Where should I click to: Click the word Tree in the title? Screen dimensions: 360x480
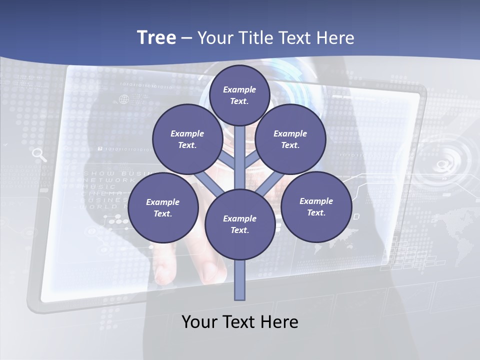pos(156,37)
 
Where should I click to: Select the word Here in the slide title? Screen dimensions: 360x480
pos(334,37)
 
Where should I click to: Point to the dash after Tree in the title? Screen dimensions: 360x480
pos(186,38)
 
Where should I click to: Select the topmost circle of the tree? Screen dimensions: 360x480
pos(239,95)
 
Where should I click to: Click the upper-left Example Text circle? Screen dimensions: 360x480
pos(187,139)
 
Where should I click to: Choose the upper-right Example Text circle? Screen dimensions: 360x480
pos(290,139)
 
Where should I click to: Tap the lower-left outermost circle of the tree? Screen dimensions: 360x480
pos(163,207)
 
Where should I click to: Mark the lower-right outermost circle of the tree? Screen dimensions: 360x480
pos(316,206)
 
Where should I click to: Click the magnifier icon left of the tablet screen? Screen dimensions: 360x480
pos(39,154)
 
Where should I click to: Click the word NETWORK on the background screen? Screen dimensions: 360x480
pos(108,180)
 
